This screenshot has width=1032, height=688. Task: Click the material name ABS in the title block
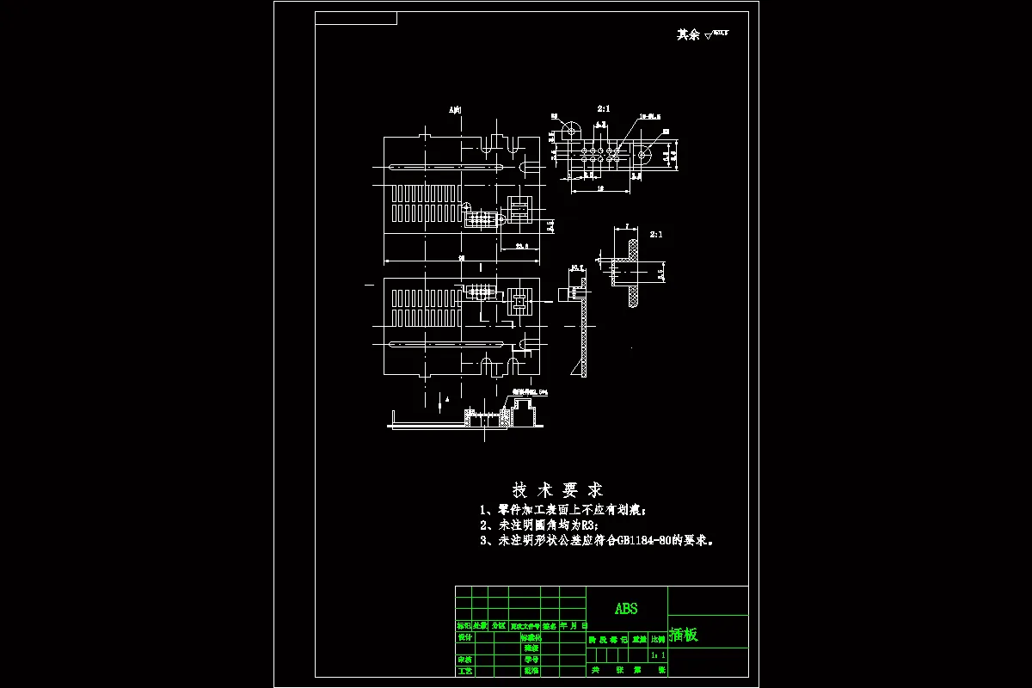click(x=626, y=608)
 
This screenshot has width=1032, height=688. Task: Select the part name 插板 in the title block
click(x=685, y=636)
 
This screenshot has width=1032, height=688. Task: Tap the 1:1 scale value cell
click(x=658, y=655)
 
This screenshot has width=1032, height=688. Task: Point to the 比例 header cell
click(x=657, y=639)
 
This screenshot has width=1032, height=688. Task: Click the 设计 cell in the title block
click(x=464, y=637)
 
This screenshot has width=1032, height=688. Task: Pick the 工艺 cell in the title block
click(x=464, y=670)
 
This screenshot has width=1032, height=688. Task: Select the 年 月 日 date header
click(x=574, y=626)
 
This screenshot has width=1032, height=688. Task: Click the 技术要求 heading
click(x=557, y=490)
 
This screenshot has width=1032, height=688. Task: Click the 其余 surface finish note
click(x=689, y=35)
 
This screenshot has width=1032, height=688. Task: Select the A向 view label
click(x=455, y=110)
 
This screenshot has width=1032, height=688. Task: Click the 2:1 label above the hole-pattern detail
click(x=604, y=109)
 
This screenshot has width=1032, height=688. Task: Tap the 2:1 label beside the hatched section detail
click(x=656, y=234)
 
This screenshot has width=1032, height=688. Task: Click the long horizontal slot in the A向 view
click(x=445, y=166)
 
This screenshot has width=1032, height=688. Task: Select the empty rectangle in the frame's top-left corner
click(x=356, y=18)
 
